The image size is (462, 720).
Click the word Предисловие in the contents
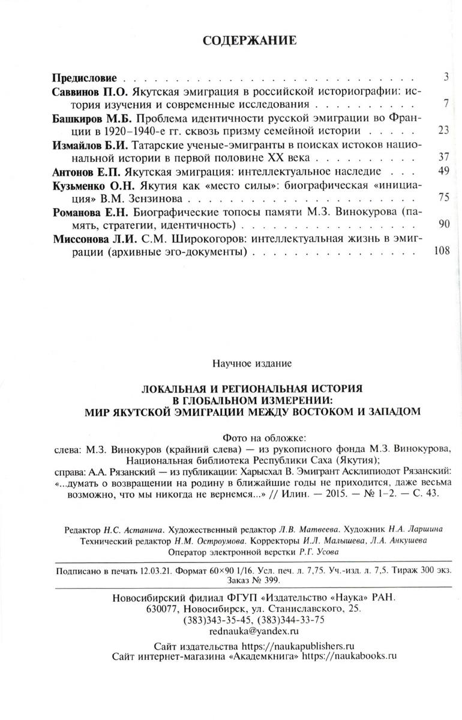84,78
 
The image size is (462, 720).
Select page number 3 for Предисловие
446,78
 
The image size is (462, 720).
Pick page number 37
444,158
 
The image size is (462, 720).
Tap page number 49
444,172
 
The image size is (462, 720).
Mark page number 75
444,198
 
